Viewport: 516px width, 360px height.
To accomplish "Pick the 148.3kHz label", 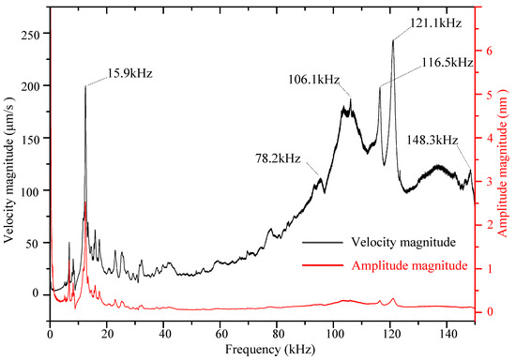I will tap(433, 140).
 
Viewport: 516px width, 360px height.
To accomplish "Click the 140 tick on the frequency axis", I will tap(447, 329).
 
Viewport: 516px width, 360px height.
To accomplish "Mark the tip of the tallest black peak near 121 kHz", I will tap(393, 40).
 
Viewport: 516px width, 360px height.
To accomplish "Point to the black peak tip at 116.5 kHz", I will tap(380, 87).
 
